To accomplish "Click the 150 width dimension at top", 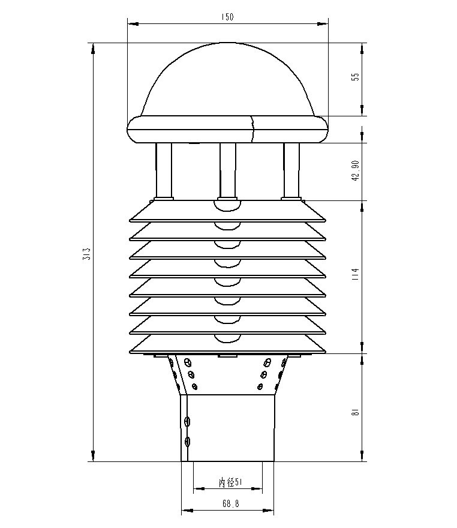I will click(227, 17).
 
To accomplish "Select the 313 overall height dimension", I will click(86, 253).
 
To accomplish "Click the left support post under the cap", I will click(164, 170).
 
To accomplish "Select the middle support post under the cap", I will click(227, 170).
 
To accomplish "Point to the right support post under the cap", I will click(291, 170).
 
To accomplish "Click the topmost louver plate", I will click(228, 210).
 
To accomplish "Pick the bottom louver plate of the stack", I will click(228, 346).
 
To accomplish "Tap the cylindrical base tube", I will click(228, 427).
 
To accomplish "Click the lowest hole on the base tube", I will click(188, 442).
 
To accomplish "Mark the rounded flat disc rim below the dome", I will click(228, 130).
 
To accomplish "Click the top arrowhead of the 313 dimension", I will click(93, 48).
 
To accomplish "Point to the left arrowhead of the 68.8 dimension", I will click(186, 511).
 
